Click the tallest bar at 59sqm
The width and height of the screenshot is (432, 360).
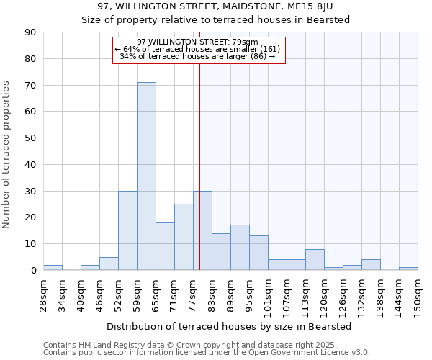[x=146, y=176]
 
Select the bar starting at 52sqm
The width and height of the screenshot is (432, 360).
[x=127, y=230]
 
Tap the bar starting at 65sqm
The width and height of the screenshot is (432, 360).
[x=165, y=246]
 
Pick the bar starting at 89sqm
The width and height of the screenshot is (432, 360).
[x=240, y=248]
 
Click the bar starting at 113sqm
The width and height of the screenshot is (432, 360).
[x=315, y=260]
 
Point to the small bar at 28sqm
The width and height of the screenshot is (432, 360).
[x=53, y=268]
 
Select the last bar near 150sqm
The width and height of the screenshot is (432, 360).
[x=408, y=269]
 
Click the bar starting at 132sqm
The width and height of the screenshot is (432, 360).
[x=371, y=265]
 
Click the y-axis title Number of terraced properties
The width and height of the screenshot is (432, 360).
[x=7, y=155]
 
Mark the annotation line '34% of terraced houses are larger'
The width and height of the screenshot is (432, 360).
[x=197, y=56]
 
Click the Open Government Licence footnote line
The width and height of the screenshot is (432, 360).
[x=207, y=353]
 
